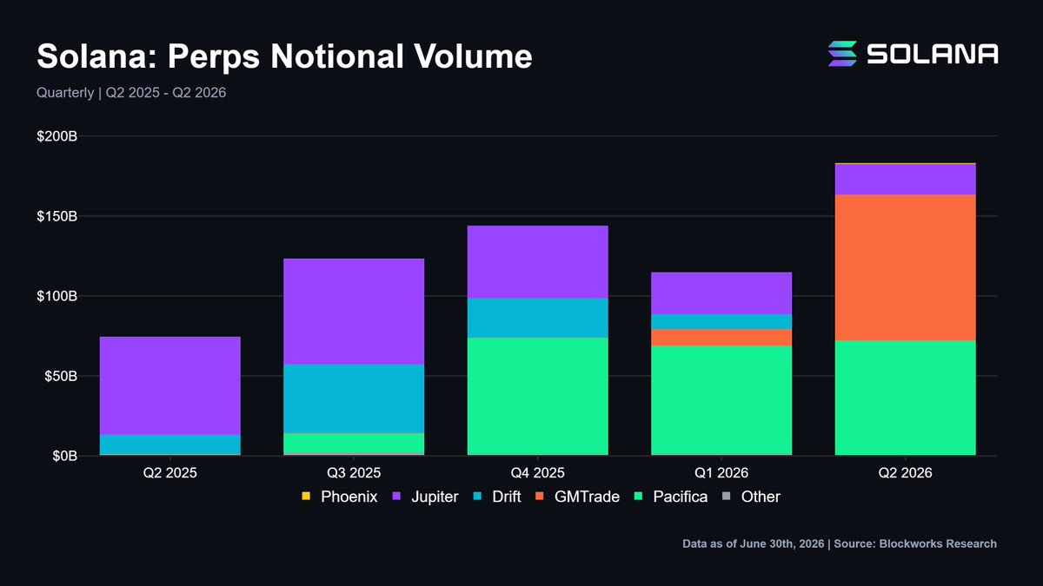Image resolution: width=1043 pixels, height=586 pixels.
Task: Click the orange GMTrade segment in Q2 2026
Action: [905, 268]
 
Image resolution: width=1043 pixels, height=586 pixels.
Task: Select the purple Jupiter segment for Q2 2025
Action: [170, 385]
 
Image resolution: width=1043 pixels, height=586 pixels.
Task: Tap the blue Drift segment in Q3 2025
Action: [354, 398]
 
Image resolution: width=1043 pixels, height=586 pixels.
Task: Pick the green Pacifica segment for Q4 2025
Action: [538, 396]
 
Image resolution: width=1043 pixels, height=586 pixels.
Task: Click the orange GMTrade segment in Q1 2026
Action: [721, 338]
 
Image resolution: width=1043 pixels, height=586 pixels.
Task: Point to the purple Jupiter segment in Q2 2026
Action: [905, 180]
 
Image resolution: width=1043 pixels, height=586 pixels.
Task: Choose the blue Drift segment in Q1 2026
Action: [721, 322]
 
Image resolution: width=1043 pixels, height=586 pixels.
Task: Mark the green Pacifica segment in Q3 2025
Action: [354, 443]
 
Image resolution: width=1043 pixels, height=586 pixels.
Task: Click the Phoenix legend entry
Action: [340, 497]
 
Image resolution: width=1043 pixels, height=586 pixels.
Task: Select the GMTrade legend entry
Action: [577, 497]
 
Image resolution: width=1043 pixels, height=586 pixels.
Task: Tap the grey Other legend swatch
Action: [726, 497]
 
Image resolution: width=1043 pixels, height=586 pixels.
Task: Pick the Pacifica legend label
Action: [681, 497]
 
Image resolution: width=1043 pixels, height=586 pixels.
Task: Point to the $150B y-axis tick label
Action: [56, 216]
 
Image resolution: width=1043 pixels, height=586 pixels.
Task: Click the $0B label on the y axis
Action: [64, 456]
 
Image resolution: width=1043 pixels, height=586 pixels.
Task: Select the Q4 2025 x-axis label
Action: [538, 473]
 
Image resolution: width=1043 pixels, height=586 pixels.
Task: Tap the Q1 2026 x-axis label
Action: [721, 473]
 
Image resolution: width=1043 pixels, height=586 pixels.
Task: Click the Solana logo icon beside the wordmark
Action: [842, 54]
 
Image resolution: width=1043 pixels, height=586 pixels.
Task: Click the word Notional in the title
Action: [336, 56]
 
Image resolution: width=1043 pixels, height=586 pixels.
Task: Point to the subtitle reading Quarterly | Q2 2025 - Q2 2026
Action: [131, 93]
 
